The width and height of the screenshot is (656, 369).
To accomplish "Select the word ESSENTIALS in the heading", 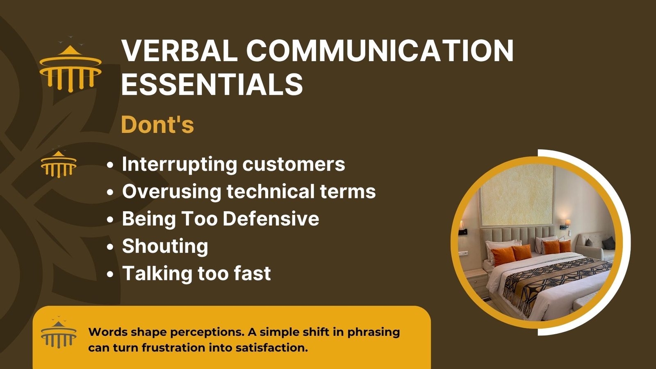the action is (212, 84).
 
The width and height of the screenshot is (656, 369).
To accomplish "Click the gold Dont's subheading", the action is (157, 125).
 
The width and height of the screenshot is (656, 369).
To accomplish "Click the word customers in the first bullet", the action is (294, 164).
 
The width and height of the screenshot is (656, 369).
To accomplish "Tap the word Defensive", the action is (271, 219).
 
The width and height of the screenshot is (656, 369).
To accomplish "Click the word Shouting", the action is (165, 246).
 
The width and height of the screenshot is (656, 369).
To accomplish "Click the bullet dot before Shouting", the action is (110, 247).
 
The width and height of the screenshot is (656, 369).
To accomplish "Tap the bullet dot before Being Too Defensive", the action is (110, 220).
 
